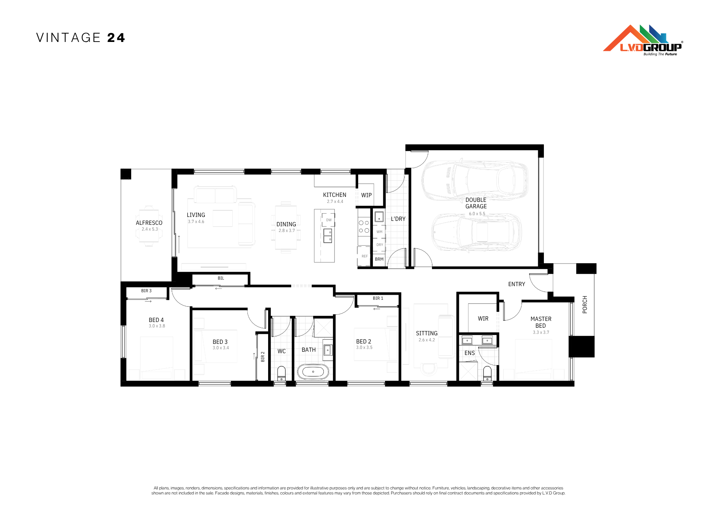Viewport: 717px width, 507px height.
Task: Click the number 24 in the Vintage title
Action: [x=116, y=38]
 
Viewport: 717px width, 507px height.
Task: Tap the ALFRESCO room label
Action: [x=149, y=223]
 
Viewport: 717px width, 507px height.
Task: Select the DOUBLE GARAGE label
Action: [x=476, y=203]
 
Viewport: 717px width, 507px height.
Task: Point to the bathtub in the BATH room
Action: [x=313, y=372]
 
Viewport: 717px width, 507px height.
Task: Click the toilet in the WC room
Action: [x=281, y=374]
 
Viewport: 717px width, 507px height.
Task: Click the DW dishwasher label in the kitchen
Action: [x=329, y=220]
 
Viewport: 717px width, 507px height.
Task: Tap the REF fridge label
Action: [x=365, y=256]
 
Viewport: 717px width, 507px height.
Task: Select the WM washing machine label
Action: [x=380, y=232]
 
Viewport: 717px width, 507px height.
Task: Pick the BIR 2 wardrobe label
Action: [x=263, y=356]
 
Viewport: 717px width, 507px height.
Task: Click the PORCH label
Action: [x=585, y=304]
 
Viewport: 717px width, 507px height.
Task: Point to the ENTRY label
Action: [x=517, y=284]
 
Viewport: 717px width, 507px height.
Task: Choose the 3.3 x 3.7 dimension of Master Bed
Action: [x=541, y=332]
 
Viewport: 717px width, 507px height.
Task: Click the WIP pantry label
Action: [x=366, y=195]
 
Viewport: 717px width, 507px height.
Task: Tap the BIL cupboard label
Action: [x=221, y=278]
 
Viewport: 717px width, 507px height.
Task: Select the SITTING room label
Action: [x=427, y=333]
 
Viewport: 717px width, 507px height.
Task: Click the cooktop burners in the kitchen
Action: [x=364, y=227]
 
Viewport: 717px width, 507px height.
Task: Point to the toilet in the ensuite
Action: [x=487, y=374]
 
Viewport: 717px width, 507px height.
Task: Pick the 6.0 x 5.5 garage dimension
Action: [x=477, y=214]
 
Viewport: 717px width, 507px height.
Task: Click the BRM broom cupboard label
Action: [x=379, y=259]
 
